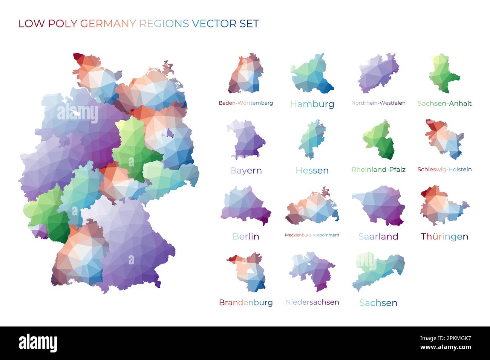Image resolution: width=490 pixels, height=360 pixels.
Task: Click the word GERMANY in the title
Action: pyautogui.click(x=108, y=23)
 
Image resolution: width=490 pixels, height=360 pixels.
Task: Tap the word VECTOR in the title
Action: pyautogui.click(x=214, y=23)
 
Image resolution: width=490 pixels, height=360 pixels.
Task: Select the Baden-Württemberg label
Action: pyautogui.click(x=246, y=103)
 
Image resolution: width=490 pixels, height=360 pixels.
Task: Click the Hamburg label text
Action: pyautogui.click(x=312, y=104)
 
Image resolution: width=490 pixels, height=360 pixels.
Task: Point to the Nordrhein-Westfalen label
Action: pyautogui.click(x=378, y=103)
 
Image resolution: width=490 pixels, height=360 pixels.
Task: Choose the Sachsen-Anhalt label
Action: pyautogui.click(x=444, y=104)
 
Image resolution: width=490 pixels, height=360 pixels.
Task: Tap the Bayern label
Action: pyautogui.click(x=246, y=170)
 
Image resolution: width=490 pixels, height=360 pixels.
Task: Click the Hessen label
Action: pyautogui.click(x=312, y=170)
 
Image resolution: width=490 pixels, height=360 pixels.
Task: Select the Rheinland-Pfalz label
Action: pyautogui.click(x=378, y=169)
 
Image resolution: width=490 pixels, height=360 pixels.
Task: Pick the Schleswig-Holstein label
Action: pyautogui.click(x=444, y=169)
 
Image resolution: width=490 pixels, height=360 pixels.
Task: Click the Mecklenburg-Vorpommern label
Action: pyautogui.click(x=312, y=235)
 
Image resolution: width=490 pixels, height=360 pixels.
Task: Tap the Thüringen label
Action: pyautogui.click(x=444, y=236)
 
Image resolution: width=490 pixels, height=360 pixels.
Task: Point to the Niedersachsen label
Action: pyautogui.click(x=312, y=302)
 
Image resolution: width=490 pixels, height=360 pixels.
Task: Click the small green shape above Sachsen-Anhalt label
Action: pyautogui.click(x=443, y=73)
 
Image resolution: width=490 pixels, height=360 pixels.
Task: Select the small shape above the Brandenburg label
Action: pyautogui.click(x=247, y=272)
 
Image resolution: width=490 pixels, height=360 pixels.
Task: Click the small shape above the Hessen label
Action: pyautogui.click(x=312, y=139)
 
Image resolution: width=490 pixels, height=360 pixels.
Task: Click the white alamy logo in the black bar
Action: pyautogui.click(x=38, y=343)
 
